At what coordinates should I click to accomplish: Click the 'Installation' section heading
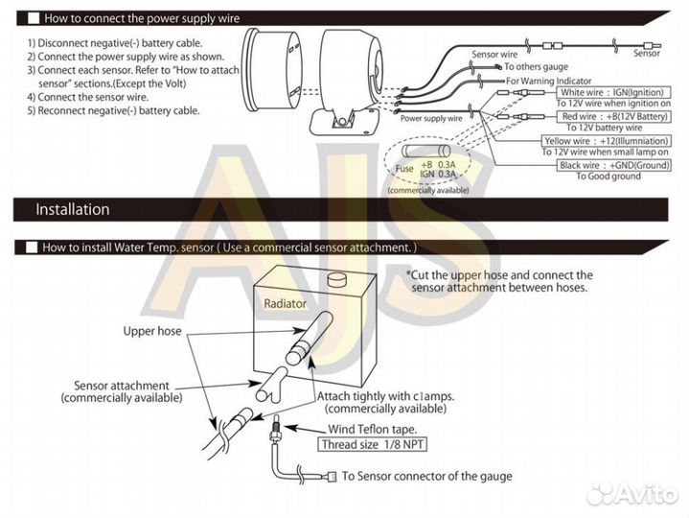[73, 209]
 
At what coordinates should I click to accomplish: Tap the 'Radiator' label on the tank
[286, 303]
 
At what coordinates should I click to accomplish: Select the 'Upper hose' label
[152, 331]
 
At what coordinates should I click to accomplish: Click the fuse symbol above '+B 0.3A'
[425, 151]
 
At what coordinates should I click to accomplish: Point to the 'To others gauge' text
[534, 67]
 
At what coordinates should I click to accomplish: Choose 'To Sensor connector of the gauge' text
[426, 476]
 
